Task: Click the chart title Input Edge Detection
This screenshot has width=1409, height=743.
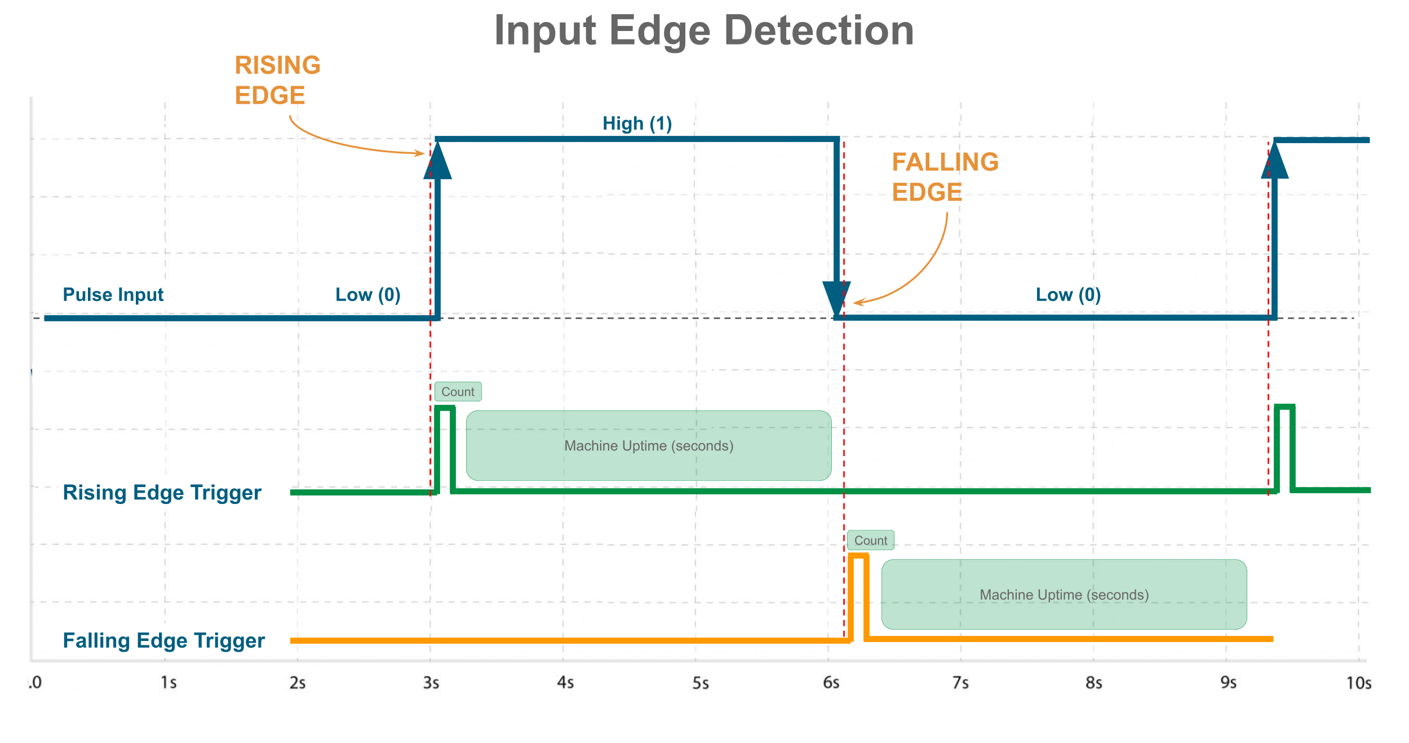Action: coord(704,30)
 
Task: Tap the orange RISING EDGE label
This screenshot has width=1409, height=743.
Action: coord(277,80)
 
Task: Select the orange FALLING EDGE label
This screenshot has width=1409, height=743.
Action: coord(945,177)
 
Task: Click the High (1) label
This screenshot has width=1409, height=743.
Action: coord(637,123)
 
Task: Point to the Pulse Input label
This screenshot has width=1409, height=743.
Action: coord(113,294)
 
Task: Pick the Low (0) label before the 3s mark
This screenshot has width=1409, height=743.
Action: coord(367,294)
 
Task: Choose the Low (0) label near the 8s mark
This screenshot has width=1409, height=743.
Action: coord(1068,294)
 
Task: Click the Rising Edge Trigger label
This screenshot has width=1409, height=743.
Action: coord(162,492)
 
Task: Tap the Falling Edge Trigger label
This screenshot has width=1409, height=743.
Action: coord(163,640)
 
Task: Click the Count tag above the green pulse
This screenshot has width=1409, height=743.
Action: coord(458,391)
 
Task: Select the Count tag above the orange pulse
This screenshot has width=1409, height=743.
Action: coord(870,540)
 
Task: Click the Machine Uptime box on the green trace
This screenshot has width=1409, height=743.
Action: coord(649,445)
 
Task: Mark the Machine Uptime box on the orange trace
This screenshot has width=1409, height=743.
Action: coord(1064,594)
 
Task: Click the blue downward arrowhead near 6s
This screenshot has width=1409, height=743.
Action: coord(836,298)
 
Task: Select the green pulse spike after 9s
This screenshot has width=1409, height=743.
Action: coord(1284,446)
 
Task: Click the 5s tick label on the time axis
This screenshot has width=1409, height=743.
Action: coord(700,683)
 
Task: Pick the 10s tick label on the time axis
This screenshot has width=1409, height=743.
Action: coord(1358,683)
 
